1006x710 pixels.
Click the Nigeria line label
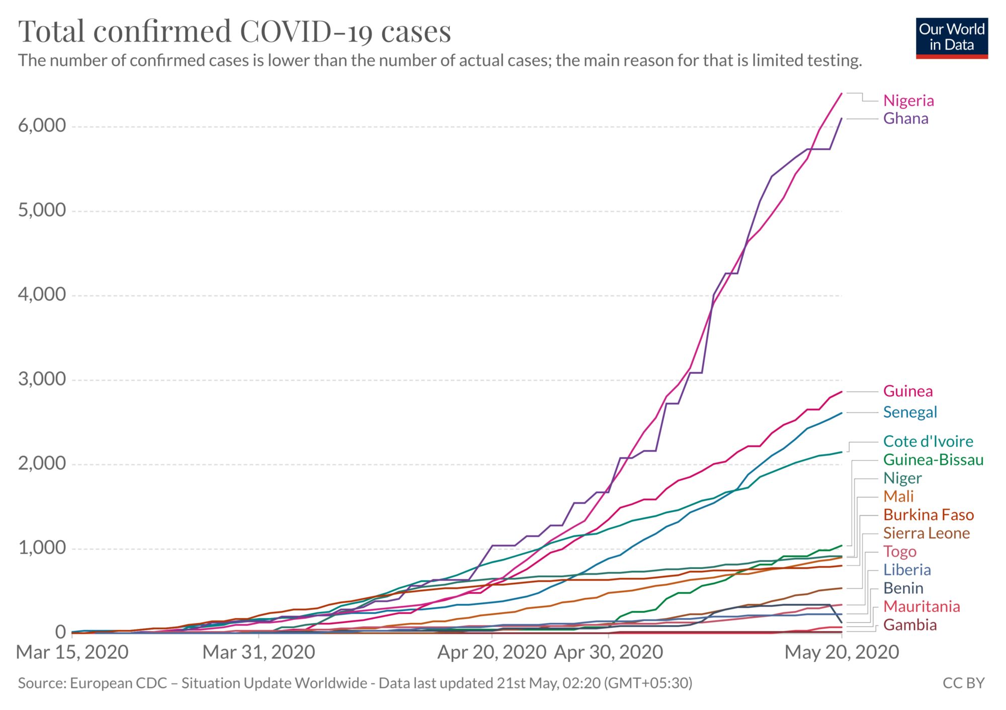[908, 101]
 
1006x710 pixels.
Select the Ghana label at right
[905, 119]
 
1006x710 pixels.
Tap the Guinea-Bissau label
[933, 460]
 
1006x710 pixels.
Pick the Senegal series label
[910, 413]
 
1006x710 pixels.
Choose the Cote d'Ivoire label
[928, 442]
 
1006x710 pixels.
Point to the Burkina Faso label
[929, 515]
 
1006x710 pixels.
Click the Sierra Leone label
[927, 533]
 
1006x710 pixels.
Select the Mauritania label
[921, 607]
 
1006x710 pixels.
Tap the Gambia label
[910, 625]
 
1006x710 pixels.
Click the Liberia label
[907, 570]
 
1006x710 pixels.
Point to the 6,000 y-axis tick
[42, 126]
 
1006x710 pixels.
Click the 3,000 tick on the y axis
[42, 379]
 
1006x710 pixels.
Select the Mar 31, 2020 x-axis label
[259, 653]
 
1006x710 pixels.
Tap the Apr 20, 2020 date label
[491, 653]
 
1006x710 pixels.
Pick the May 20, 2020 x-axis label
[842, 653]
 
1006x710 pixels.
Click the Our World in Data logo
[952, 38]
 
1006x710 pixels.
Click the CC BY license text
[963, 683]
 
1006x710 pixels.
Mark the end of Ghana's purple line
[842, 119]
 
